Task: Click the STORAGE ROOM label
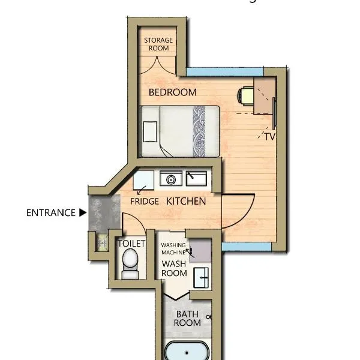pyautogui.click(x=158, y=44)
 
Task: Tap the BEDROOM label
pyautogui.click(x=173, y=92)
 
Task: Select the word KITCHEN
pyautogui.click(x=186, y=202)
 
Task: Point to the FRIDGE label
pyautogui.click(x=145, y=202)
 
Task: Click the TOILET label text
pyautogui.click(x=131, y=244)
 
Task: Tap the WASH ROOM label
pyautogui.click(x=174, y=269)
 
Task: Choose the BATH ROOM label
pyautogui.click(x=187, y=319)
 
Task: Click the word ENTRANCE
pyautogui.click(x=51, y=213)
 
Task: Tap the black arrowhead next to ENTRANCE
pyautogui.click(x=83, y=212)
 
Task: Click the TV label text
pyautogui.click(x=270, y=137)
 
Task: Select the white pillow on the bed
pyautogui.click(x=150, y=131)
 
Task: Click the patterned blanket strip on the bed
pyautogui.click(x=199, y=131)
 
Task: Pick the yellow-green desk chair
pyautogui.click(x=245, y=96)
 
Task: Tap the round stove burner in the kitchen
pyautogui.click(x=171, y=179)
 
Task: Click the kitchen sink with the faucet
pyautogui.click(x=196, y=178)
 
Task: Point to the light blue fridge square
pyautogui.click(x=143, y=180)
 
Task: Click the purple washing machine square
pyautogui.click(x=200, y=251)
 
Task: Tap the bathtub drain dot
pyautogui.click(x=187, y=353)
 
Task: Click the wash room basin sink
pyautogui.click(x=201, y=278)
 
